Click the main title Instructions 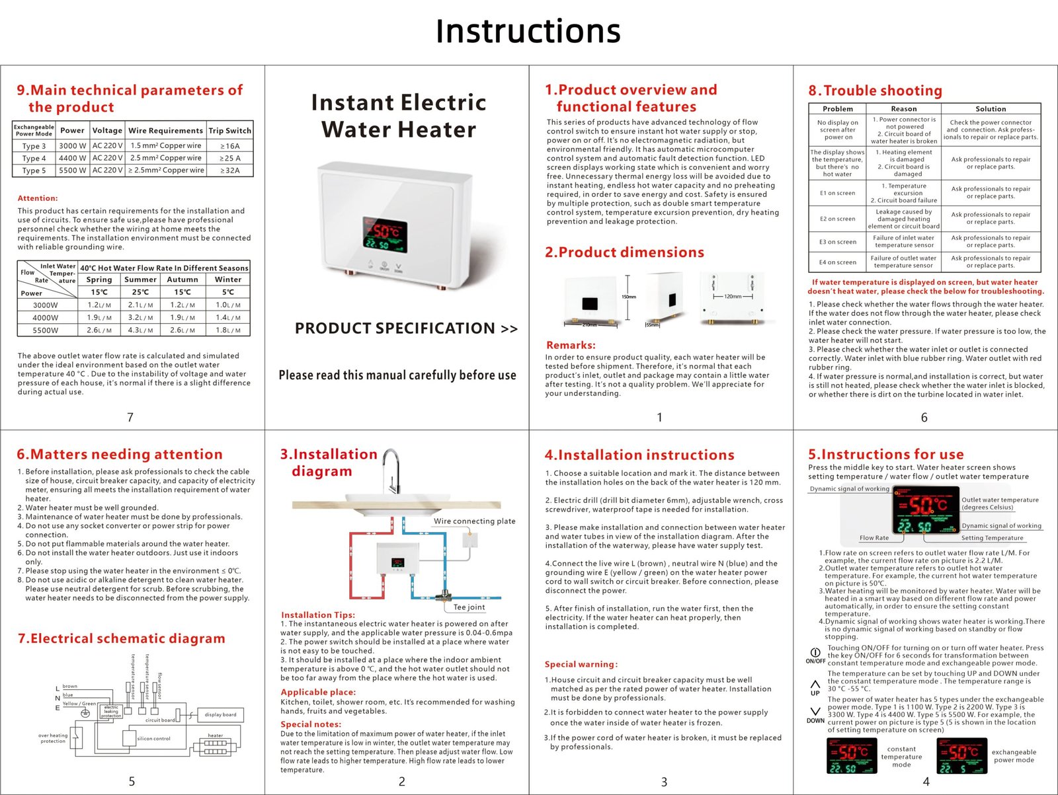pyautogui.click(x=528, y=31)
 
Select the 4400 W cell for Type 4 pyautogui.click(x=72, y=158)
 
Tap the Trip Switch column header pyautogui.click(x=229, y=130)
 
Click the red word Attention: pyautogui.click(x=38, y=198)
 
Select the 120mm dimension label pyautogui.click(x=733, y=296)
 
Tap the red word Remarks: pyautogui.click(x=571, y=345)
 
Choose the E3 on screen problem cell pyautogui.click(x=837, y=242)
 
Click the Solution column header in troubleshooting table pyautogui.click(x=991, y=109)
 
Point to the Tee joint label pyautogui.click(x=469, y=607)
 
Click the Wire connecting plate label pyautogui.click(x=474, y=521)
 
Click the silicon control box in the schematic pyautogui.click(x=153, y=738)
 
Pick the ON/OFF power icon pyautogui.click(x=815, y=652)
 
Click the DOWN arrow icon pyautogui.click(x=815, y=712)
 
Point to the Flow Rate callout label pyautogui.click(x=874, y=538)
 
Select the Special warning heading pyautogui.click(x=581, y=664)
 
